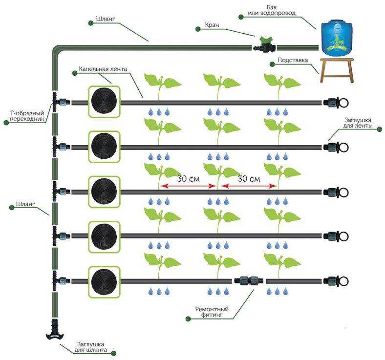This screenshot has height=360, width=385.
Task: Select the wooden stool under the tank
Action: (x=337, y=70)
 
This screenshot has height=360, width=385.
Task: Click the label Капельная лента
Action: (x=103, y=69)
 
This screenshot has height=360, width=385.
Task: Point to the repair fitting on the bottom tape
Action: (x=249, y=280)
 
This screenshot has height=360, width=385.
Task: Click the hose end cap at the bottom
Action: (x=55, y=330)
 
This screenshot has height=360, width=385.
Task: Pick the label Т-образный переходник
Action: (x=27, y=116)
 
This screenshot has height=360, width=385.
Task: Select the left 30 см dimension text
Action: (x=188, y=179)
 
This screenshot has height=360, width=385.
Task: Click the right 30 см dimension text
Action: (x=249, y=179)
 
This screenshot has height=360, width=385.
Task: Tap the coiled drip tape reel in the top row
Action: (x=104, y=102)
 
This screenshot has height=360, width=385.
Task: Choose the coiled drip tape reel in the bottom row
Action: (x=104, y=282)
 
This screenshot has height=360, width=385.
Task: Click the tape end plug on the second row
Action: (x=336, y=147)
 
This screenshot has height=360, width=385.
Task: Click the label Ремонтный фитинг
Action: (x=212, y=312)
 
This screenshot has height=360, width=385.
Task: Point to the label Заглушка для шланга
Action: (x=90, y=347)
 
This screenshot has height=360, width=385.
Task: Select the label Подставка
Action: (x=293, y=60)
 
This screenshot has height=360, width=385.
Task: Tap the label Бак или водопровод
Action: (x=272, y=10)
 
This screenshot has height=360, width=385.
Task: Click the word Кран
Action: (x=212, y=25)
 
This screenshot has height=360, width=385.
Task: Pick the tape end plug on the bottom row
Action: (x=336, y=281)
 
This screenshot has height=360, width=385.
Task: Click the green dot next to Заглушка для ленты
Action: (x=380, y=129)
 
